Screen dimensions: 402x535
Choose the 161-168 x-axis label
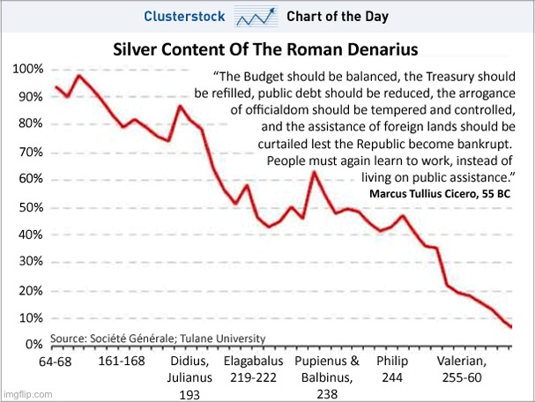click(x=122, y=362)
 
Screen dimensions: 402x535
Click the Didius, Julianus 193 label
click(x=189, y=378)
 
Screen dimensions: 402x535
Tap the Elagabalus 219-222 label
click(x=253, y=370)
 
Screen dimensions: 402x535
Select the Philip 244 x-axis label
click(x=392, y=370)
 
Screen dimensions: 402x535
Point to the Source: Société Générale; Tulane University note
click(x=157, y=338)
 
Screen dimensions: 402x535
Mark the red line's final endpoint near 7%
click(x=511, y=327)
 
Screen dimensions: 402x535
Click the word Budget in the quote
click(x=271, y=76)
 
